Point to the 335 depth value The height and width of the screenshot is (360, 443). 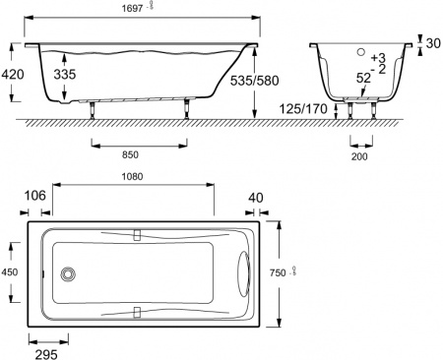click(x=65, y=74)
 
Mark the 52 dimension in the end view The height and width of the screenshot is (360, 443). click(x=363, y=78)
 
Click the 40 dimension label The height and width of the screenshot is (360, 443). click(x=256, y=198)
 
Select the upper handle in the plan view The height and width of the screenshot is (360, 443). click(x=137, y=235)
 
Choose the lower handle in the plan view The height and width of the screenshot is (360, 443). click(x=137, y=314)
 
